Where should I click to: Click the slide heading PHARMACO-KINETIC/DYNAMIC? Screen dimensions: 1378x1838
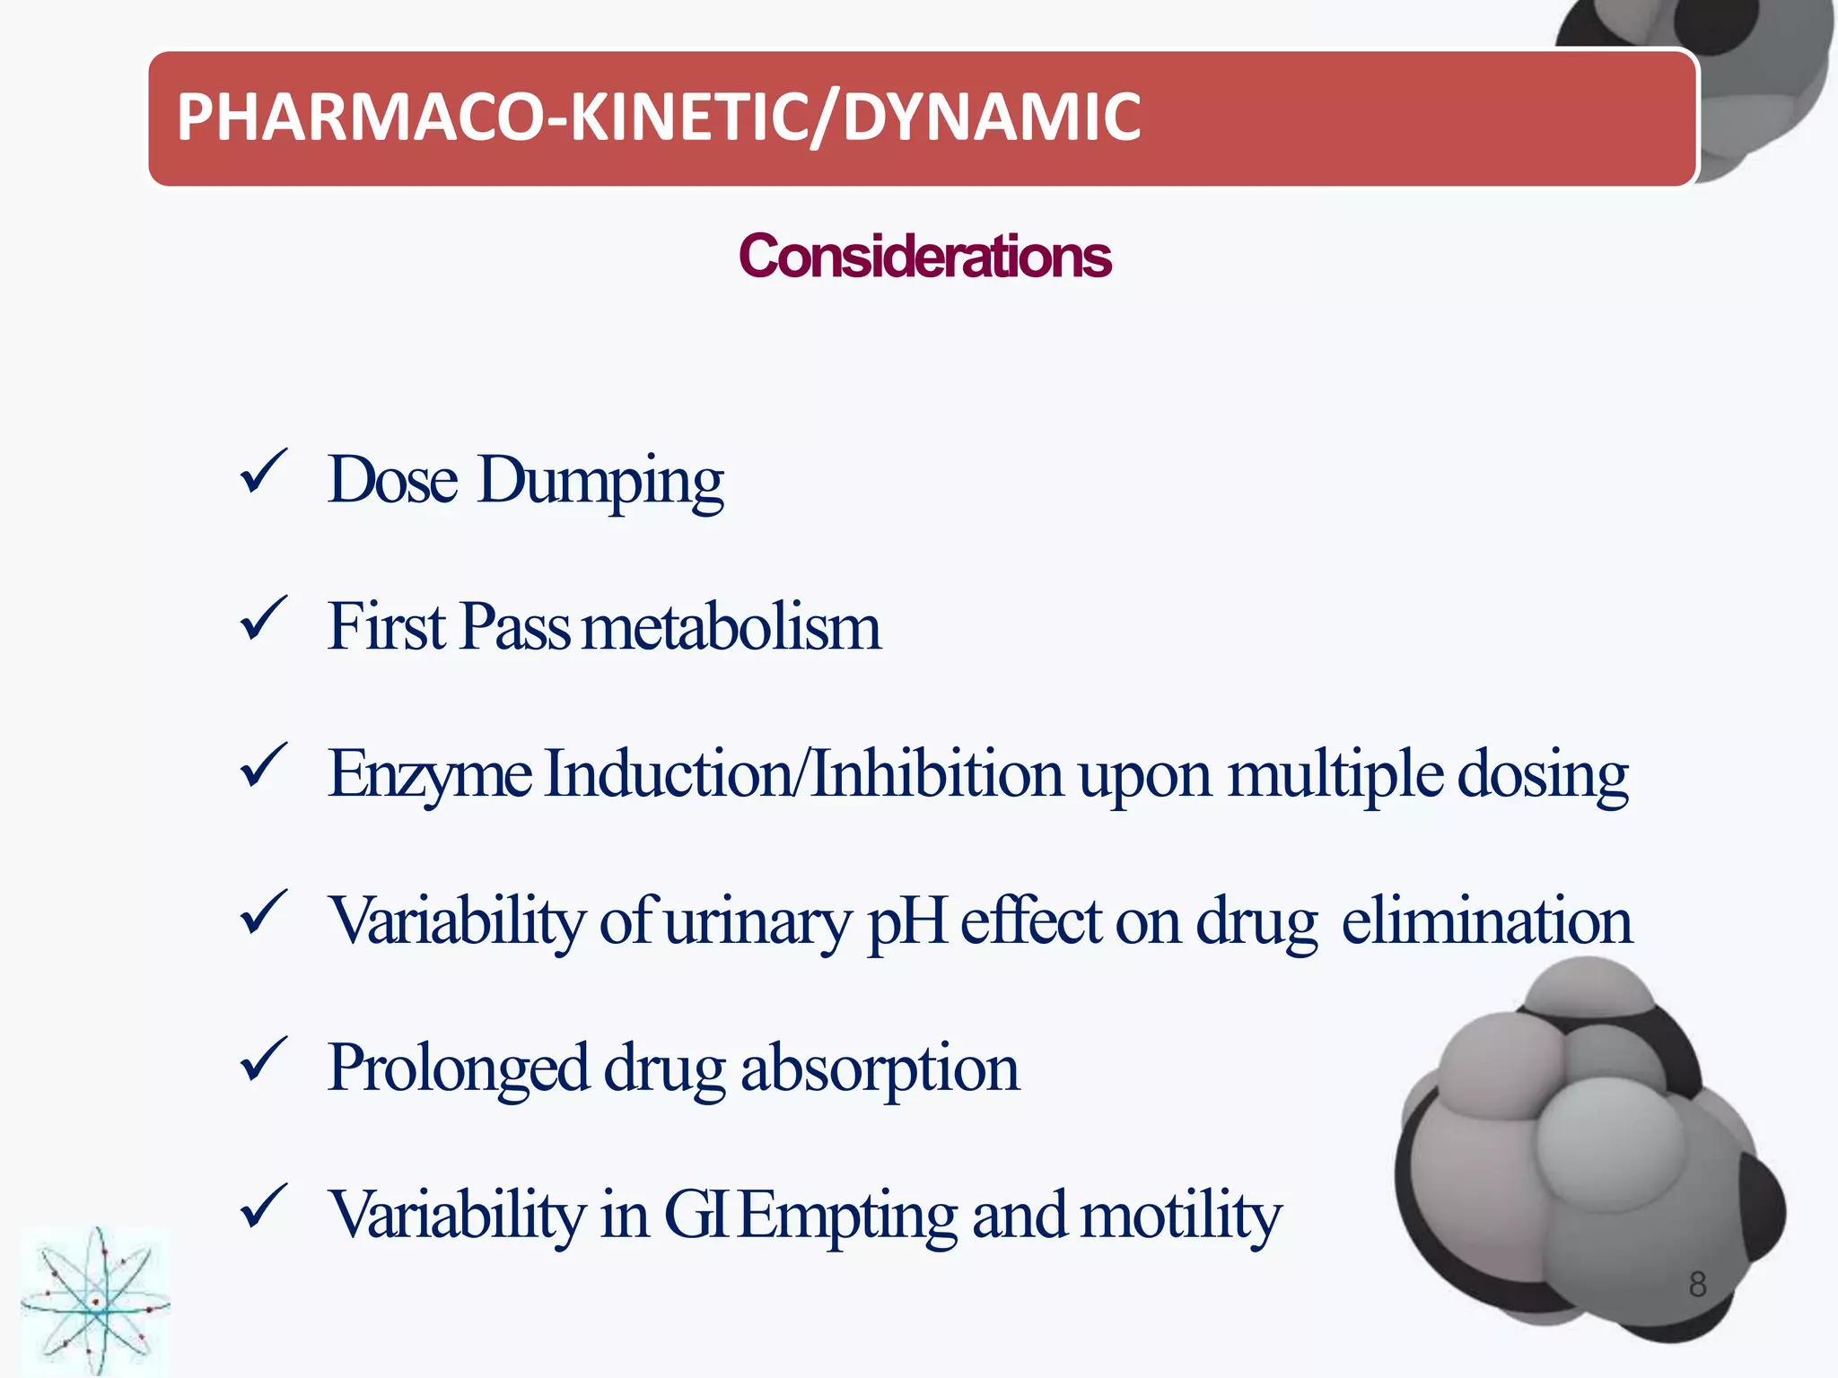[659, 118]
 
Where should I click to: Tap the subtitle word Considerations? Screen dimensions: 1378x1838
[924, 257]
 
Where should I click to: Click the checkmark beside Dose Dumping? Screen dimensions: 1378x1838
[263, 473]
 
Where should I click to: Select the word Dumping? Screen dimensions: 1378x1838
[600, 482]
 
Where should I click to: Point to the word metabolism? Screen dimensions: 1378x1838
[731, 627]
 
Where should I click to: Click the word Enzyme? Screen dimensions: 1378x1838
[430, 775]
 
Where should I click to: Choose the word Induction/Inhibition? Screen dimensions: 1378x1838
[804, 773]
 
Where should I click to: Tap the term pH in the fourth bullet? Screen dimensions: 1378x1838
[907, 923]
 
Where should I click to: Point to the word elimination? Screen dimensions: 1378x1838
[1486, 921]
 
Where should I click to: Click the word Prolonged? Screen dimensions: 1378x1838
[458, 1069]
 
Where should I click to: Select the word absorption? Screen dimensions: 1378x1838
[880, 1069]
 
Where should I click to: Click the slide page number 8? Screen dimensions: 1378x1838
[1697, 1284]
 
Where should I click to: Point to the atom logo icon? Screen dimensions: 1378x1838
[95, 1302]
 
